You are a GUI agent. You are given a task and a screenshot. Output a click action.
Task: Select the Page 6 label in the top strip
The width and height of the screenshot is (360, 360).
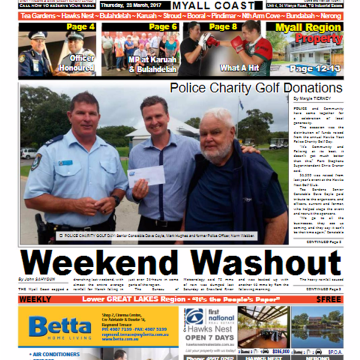(x=163, y=27)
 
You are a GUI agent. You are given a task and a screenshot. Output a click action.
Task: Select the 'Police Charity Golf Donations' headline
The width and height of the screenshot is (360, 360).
(x=256, y=88)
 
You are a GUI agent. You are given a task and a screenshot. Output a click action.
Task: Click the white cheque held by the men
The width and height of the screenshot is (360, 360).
(x=146, y=176)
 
